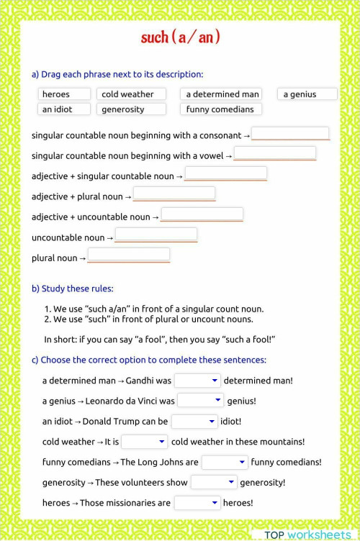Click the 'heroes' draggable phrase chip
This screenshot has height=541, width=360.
tap(64, 94)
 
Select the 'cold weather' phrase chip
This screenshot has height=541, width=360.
tap(132, 94)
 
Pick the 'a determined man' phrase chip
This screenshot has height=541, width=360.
tap(222, 94)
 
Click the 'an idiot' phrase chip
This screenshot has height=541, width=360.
tap(64, 109)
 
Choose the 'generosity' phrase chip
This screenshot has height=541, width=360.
tap(132, 109)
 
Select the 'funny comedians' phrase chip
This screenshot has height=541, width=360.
tap(221, 109)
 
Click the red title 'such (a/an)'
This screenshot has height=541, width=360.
tap(181, 37)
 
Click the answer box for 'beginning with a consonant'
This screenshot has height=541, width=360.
tap(290, 134)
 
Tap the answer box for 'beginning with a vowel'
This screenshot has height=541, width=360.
tap(274, 154)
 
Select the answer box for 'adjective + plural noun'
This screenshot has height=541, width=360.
tap(174, 194)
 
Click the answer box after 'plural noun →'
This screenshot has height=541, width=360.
tap(129, 255)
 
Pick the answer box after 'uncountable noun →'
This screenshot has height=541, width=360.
tap(156, 235)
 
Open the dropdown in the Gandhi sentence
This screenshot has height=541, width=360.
tap(197, 381)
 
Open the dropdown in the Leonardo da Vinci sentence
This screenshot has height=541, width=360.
tap(200, 401)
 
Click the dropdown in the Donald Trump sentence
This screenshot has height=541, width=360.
tap(194, 422)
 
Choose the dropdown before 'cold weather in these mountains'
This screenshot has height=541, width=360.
tap(144, 442)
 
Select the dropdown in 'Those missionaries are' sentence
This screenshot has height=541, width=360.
tap(197, 503)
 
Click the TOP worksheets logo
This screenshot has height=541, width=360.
tap(308, 535)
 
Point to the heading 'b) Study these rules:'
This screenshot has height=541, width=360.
tap(72, 288)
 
